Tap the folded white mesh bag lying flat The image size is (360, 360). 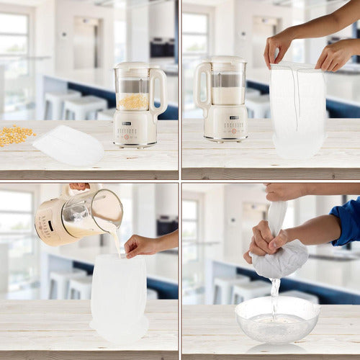[x=68, y=145]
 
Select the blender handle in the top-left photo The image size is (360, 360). [x=161, y=89]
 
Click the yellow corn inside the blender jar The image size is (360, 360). [x=134, y=102]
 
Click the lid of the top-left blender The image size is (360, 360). [x=138, y=66]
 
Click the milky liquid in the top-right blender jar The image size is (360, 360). [x=228, y=96]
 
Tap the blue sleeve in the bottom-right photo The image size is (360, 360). [x=348, y=220]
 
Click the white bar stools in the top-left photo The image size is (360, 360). [x=72, y=104]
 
